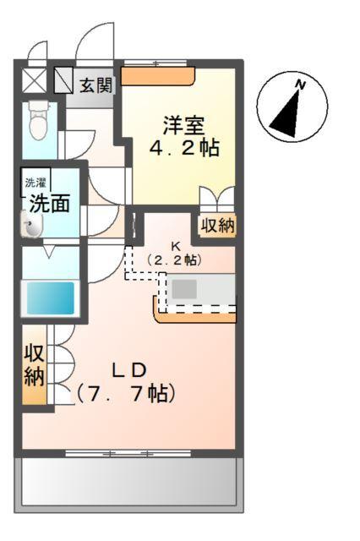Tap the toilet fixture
tap(38, 123)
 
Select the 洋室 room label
tap(184, 125)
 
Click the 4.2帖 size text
tap(184, 149)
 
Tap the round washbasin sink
tap(31, 226)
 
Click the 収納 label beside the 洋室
tap(217, 226)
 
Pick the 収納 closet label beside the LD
tap(34, 364)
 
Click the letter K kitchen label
tap(177, 246)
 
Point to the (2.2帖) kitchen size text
tap(176, 260)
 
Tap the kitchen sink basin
tap(185, 288)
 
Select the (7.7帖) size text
tap(126, 393)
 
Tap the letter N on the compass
tap(300, 84)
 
